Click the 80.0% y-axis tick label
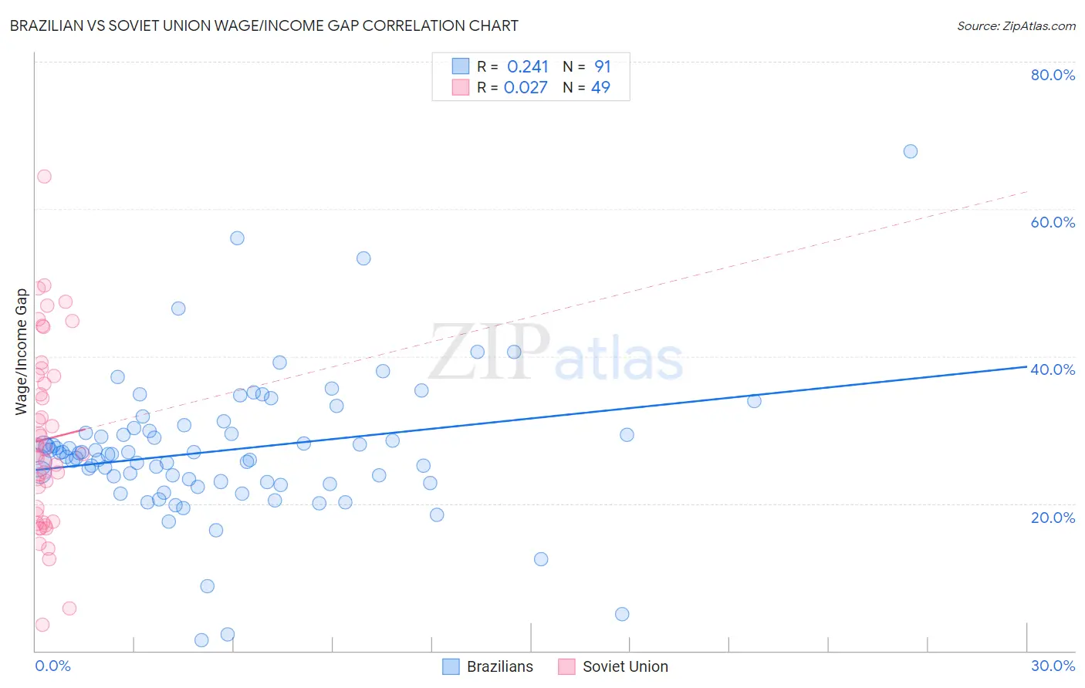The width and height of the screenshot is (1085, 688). click(x=1053, y=75)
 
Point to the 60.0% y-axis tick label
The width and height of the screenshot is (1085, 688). click(x=1053, y=222)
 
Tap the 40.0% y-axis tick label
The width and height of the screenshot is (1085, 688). click(x=1053, y=369)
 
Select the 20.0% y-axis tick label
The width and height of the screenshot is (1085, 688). click(x=1053, y=518)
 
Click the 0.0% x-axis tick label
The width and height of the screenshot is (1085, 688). click(x=52, y=666)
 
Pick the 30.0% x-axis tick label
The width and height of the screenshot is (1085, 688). click(x=1053, y=666)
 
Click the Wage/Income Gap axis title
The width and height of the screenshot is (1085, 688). click(x=22, y=352)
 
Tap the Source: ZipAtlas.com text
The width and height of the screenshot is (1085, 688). click(x=1016, y=25)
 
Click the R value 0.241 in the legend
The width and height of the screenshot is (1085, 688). click(x=528, y=67)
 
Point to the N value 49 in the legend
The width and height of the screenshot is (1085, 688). click(x=600, y=88)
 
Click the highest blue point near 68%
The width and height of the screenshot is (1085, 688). click(x=911, y=151)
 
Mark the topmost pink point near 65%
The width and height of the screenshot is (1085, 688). click(x=44, y=177)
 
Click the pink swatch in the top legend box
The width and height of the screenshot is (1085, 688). click(x=461, y=87)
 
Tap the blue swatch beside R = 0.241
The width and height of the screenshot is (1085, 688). click(x=461, y=66)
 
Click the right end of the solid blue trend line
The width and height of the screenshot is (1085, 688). click(x=1026, y=366)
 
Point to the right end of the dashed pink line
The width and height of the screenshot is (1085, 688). click(x=1026, y=191)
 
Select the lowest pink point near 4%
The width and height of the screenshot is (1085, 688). click(x=42, y=625)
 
